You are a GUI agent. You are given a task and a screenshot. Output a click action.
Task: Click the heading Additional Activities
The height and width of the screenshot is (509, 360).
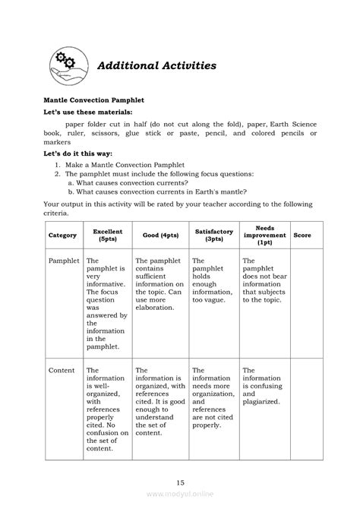(156, 65)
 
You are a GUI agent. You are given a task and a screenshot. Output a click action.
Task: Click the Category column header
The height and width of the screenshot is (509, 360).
(63, 236)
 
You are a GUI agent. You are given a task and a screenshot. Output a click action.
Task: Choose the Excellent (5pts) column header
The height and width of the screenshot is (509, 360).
(107, 236)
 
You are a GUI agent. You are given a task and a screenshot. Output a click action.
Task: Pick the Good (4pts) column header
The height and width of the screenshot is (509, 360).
(159, 236)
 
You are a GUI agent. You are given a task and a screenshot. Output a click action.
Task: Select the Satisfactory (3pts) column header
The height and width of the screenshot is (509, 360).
(213, 236)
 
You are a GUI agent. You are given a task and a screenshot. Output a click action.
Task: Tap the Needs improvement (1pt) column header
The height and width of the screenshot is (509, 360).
(264, 236)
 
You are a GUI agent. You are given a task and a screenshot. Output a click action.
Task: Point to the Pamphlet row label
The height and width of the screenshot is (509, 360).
(64, 261)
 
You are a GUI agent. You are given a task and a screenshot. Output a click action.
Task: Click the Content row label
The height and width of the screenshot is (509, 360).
(62, 370)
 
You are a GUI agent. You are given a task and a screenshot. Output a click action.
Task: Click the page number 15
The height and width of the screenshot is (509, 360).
(180, 482)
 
